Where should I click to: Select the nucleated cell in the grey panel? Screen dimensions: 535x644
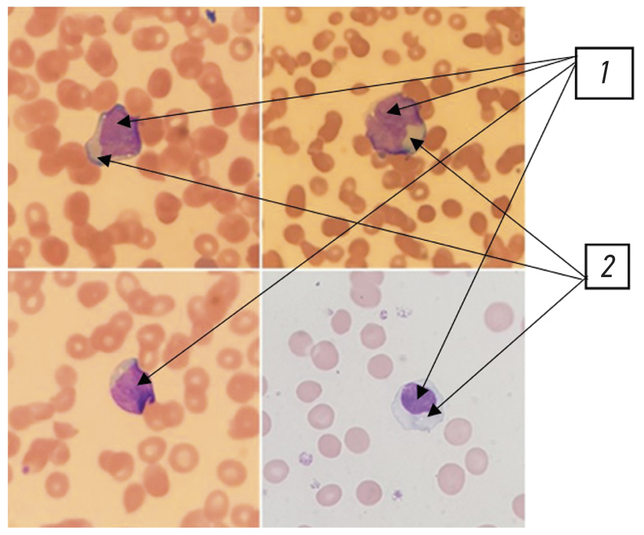pos(418,405)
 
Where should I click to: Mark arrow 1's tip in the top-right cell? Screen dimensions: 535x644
pos(394,110)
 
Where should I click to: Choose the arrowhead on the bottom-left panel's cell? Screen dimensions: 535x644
pos(144,380)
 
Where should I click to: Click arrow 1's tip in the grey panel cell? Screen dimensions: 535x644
pos(421,393)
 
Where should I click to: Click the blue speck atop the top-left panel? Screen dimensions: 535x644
pos(210,13)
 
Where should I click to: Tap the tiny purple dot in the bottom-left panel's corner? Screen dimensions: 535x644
pos(26,469)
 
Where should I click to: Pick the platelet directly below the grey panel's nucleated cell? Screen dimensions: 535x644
pos(398,494)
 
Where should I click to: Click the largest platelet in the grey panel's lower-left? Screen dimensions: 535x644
pos(305,459)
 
